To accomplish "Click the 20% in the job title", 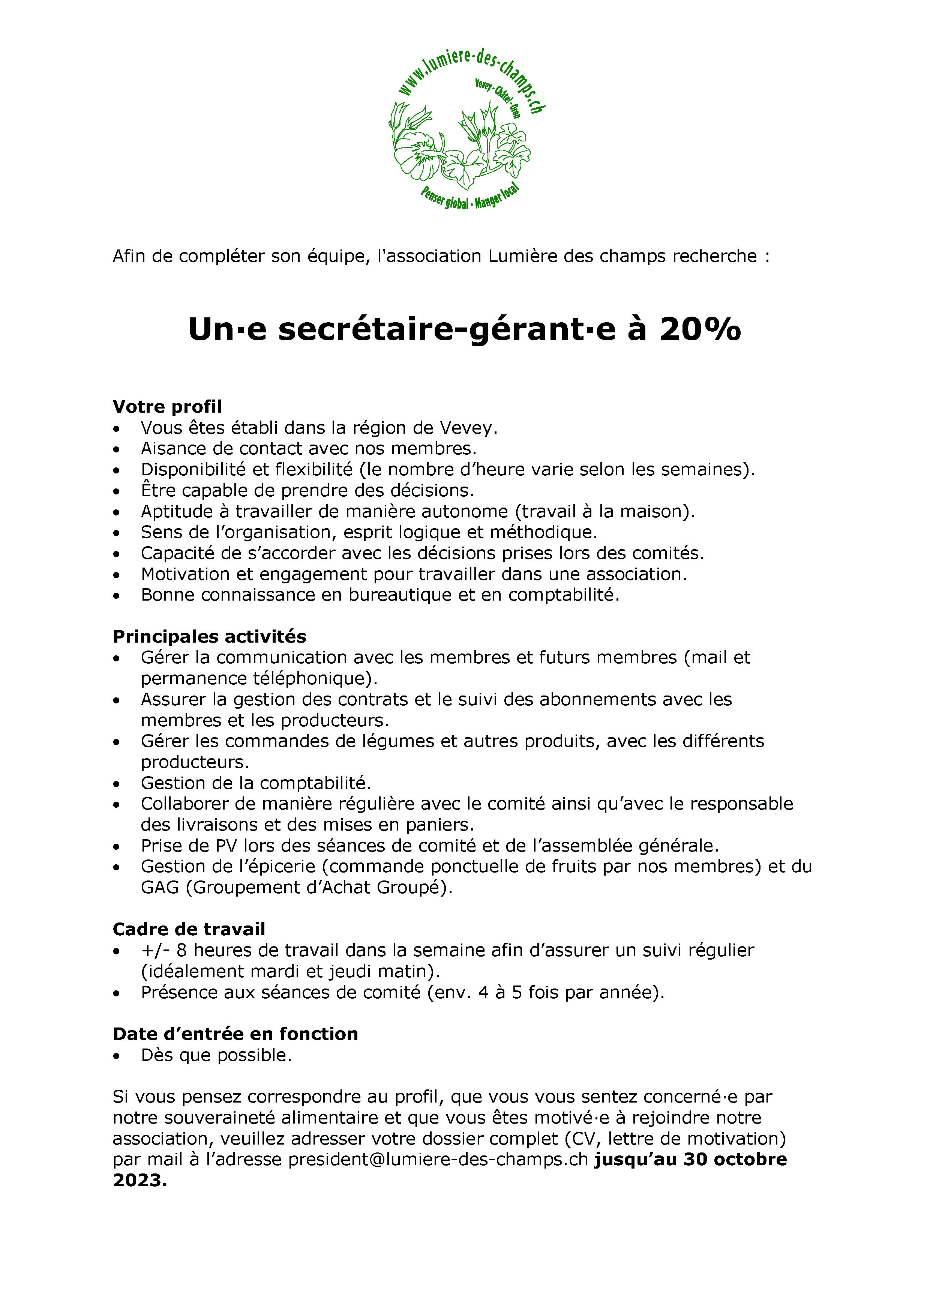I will [700, 330].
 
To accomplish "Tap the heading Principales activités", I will [209, 636].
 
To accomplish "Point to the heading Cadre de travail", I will [189, 929].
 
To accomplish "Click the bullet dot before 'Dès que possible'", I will [117, 1055].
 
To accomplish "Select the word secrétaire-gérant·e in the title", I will [447, 330].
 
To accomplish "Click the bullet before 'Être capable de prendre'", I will [117, 491].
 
